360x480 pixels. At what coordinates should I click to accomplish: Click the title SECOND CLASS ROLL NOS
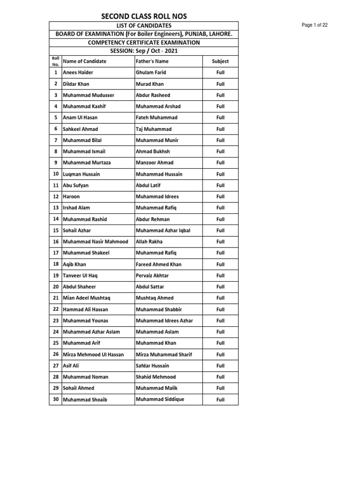click(144, 16)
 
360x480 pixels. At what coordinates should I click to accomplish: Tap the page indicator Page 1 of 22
click(315, 25)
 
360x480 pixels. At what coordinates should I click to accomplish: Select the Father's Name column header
click(152, 61)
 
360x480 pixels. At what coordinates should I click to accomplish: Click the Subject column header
click(220, 61)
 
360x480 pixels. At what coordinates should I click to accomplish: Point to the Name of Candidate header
click(85, 61)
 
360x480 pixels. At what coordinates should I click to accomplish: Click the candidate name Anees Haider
click(78, 73)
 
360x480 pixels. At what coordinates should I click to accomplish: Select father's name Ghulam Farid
click(151, 73)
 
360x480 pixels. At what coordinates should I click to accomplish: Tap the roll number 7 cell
click(56, 140)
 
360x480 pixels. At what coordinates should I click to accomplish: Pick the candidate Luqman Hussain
click(82, 174)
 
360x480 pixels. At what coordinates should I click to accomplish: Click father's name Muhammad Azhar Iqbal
click(163, 231)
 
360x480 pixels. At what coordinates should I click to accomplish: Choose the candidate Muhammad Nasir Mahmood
click(96, 242)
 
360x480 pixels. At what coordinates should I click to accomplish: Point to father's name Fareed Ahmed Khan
click(159, 264)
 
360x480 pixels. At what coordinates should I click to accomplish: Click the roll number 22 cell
click(56, 309)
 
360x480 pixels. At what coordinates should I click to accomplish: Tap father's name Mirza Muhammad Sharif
click(164, 354)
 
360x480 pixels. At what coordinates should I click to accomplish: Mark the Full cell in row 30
click(220, 400)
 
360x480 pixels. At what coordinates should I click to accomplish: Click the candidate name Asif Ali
click(72, 366)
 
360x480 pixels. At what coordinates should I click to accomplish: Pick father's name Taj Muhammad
click(154, 129)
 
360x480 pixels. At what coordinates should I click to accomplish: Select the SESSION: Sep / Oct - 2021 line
click(144, 51)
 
